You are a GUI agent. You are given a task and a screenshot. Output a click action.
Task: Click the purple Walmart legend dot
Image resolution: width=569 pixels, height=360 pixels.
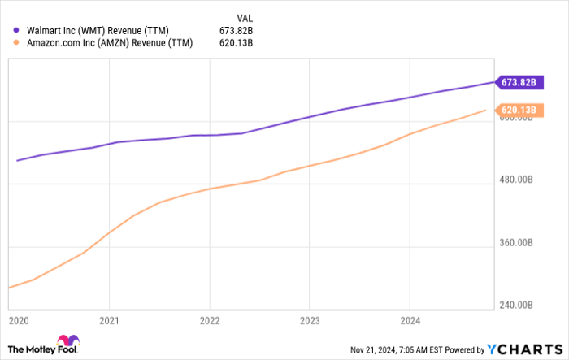16,30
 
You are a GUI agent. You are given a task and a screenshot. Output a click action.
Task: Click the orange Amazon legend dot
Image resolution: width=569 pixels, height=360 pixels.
16,44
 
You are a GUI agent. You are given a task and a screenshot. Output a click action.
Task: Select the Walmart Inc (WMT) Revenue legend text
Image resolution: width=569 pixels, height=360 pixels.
98,30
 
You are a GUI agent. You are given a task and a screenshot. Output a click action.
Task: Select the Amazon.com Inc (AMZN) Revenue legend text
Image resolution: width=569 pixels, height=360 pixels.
109,44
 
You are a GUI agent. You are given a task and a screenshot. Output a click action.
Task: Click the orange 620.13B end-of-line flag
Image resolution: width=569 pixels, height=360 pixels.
516,111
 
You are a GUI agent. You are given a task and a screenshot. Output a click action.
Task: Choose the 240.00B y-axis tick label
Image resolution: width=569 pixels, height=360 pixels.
516,306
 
